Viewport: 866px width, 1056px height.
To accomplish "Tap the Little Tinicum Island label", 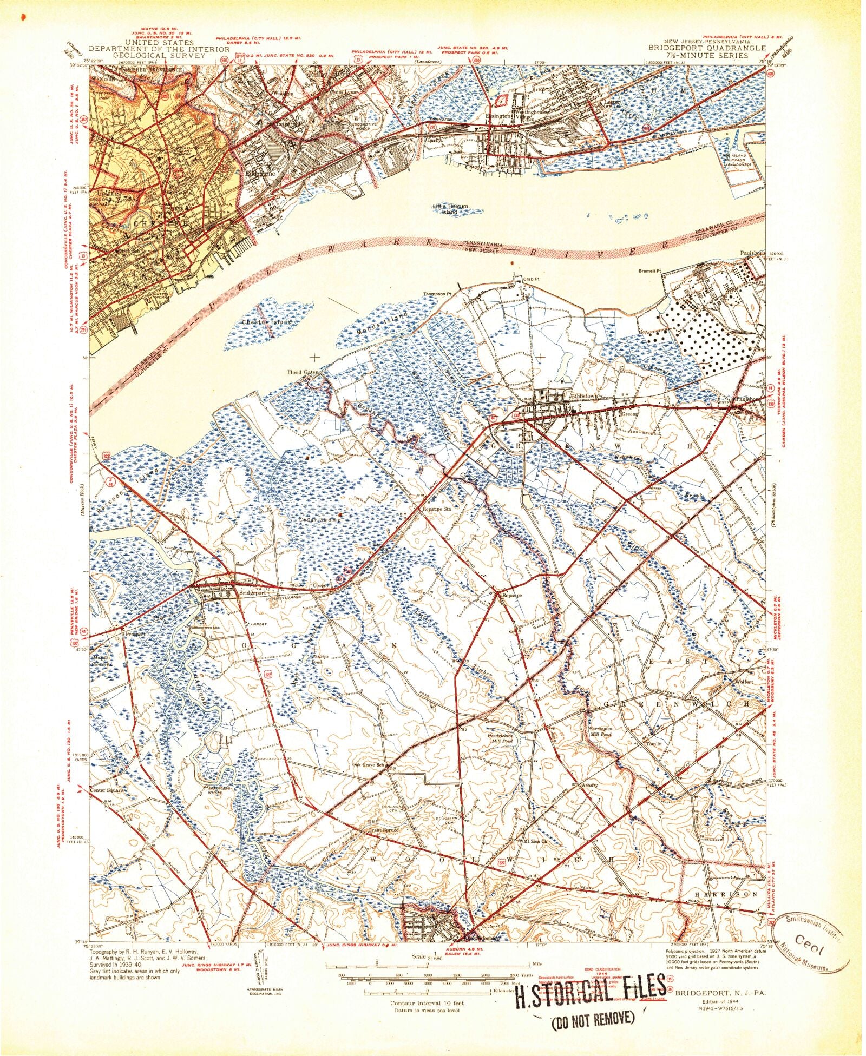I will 450,209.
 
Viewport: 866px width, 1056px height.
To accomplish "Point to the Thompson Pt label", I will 437,294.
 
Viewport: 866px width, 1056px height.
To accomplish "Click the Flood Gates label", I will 302,372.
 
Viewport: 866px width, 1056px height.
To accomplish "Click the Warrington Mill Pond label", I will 599,732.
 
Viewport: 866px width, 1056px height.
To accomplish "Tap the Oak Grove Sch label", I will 368,764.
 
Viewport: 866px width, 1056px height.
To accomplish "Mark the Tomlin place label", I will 654,744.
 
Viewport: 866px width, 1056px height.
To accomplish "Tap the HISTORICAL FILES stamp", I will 590,986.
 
